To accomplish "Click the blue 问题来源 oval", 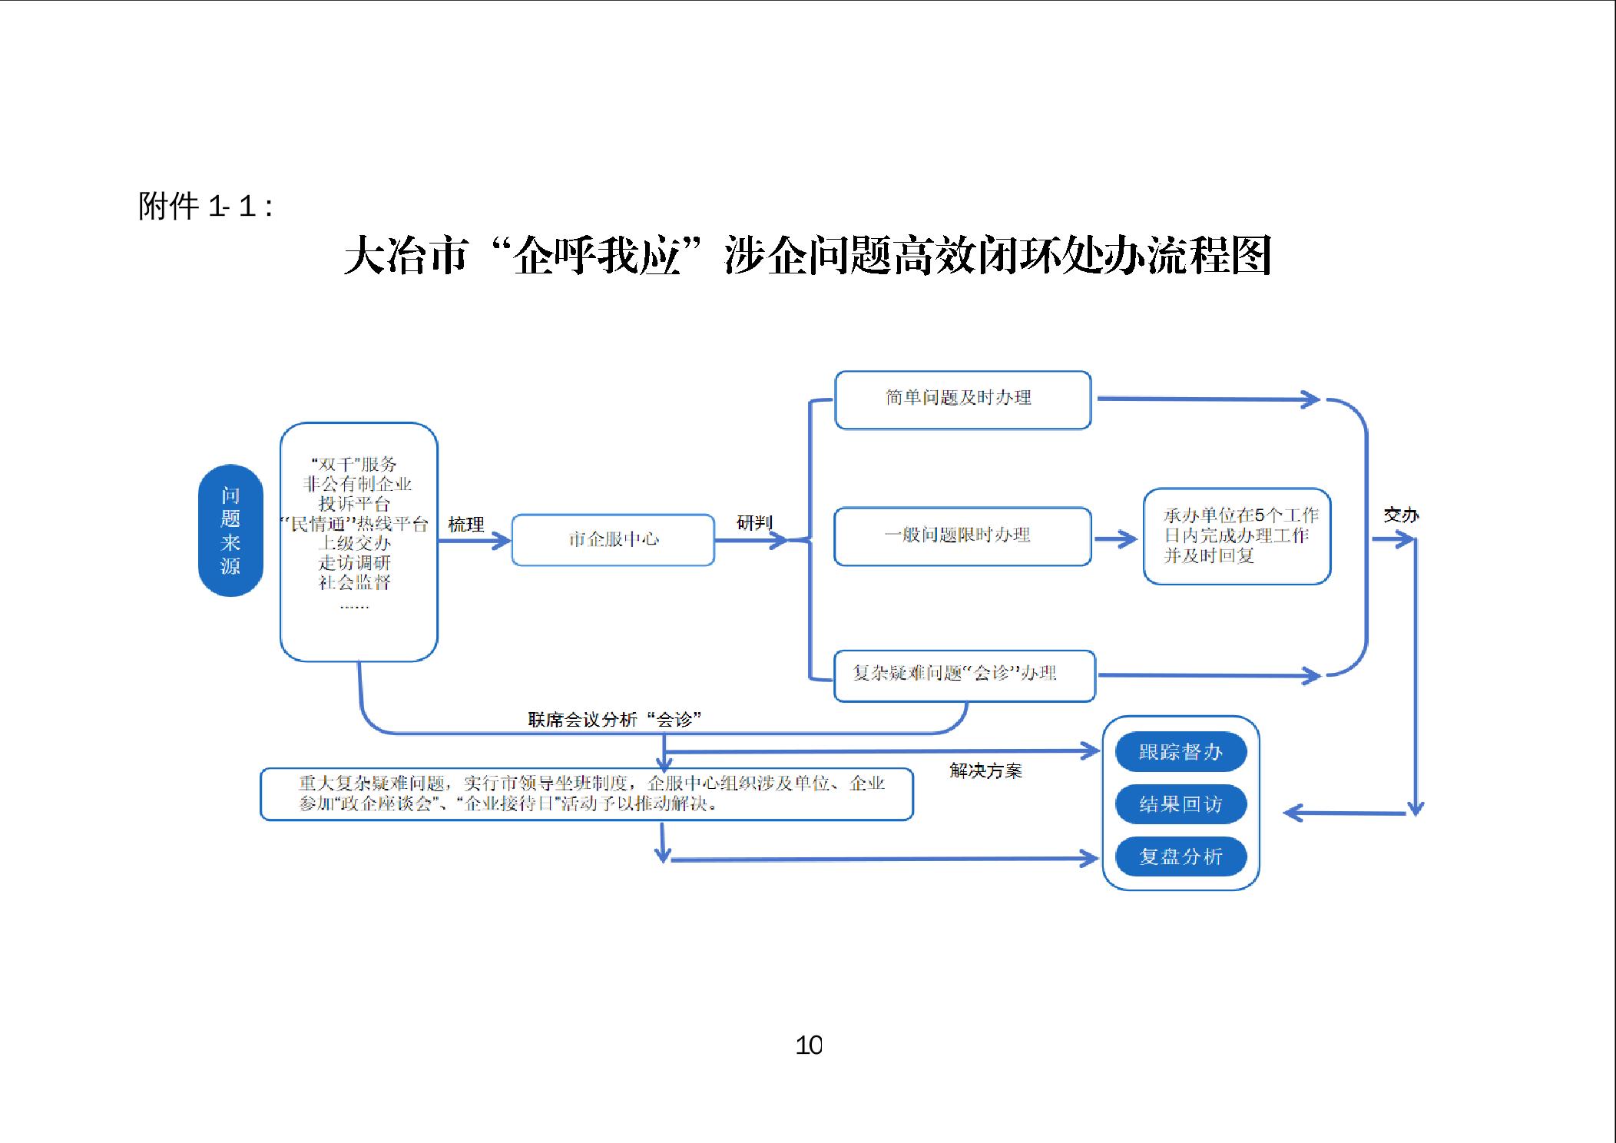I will pyautogui.click(x=230, y=530).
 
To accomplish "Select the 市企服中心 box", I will pyautogui.click(x=613, y=539).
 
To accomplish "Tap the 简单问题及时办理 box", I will pyautogui.click(x=962, y=399).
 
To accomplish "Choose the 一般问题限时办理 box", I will pyautogui.click(x=962, y=535).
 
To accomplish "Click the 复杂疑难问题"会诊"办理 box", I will pyautogui.click(x=964, y=674).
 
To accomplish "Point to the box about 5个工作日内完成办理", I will pyautogui.click(x=1237, y=535).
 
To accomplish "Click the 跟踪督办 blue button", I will pyautogui.click(x=1181, y=751).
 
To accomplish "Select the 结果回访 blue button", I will pyautogui.click(x=1181, y=803).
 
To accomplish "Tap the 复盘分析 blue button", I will pyautogui.click(x=1181, y=856).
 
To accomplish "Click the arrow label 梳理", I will pyautogui.click(x=466, y=525).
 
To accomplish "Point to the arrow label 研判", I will pyautogui.click(x=753, y=523).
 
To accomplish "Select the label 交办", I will pyautogui.click(x=1400, y=515).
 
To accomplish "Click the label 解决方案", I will pyautogui.click(x=985, y=770).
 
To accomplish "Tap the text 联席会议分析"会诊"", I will pyautogui.click(x=614, y=720).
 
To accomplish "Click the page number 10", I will pyautogui.click(x=809, y=1045).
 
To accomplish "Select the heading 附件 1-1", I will pyautogui.click(x=205, y=207).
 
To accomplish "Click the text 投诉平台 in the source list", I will pyautogui.click(x=355, y=504).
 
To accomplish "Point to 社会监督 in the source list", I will pyautogui.click(x=355, y=582).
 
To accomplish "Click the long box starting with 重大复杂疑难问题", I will pyautogui.click(x=587, y=793).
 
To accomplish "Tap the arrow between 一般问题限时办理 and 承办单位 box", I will pyautogui.click(x=1116, y=539).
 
